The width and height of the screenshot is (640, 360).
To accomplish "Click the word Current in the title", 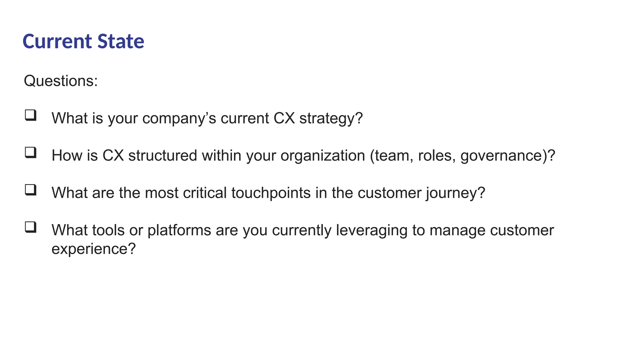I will point(57,42).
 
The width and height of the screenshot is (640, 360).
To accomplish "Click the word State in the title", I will point(121,42).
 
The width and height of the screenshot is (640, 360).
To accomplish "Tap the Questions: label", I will point(61,81).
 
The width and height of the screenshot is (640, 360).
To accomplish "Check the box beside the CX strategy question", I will point(31,115).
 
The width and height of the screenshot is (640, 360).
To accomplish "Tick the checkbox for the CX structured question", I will point(31,152).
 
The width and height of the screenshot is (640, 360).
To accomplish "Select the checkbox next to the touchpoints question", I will point(31,190).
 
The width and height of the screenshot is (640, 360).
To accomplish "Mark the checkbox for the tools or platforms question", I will point(31,227).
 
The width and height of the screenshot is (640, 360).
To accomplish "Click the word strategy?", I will point(331,118).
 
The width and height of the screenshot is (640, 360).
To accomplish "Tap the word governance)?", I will point(507,156).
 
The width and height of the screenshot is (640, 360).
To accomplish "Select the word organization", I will point(322,156).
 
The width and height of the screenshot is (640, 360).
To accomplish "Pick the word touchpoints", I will point(271,193).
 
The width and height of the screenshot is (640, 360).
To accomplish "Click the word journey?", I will point(455,193).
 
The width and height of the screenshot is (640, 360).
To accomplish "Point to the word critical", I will point(205,193).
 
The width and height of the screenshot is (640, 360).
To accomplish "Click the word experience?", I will point(93,249).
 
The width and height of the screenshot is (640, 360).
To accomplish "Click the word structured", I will point(162,156).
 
